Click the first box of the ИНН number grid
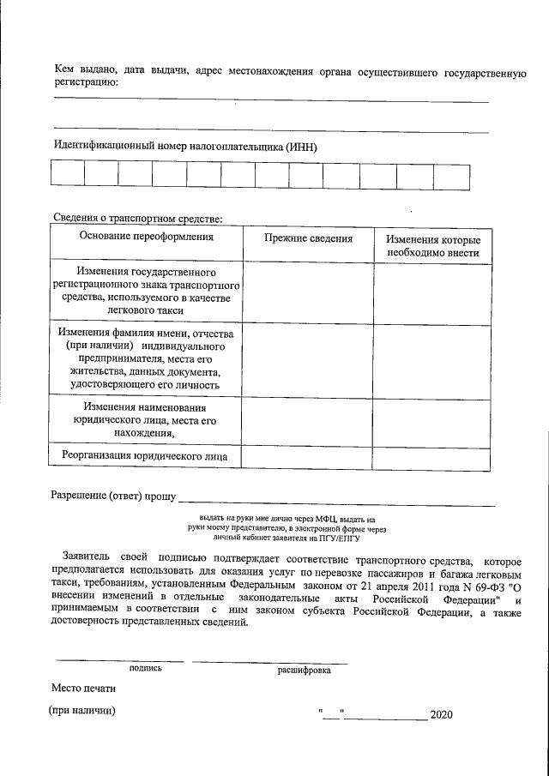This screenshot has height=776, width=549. coord(68,175)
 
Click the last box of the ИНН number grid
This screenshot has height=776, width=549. coord(451,175)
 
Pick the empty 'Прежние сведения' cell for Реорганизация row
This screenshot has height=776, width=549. coord(307,457)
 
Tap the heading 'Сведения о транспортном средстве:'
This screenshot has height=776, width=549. coord(137,220)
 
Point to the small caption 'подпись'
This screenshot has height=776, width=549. coord(146,667)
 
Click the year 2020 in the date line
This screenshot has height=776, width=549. coord(441,714)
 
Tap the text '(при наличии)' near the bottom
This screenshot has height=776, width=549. coord(82,711)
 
